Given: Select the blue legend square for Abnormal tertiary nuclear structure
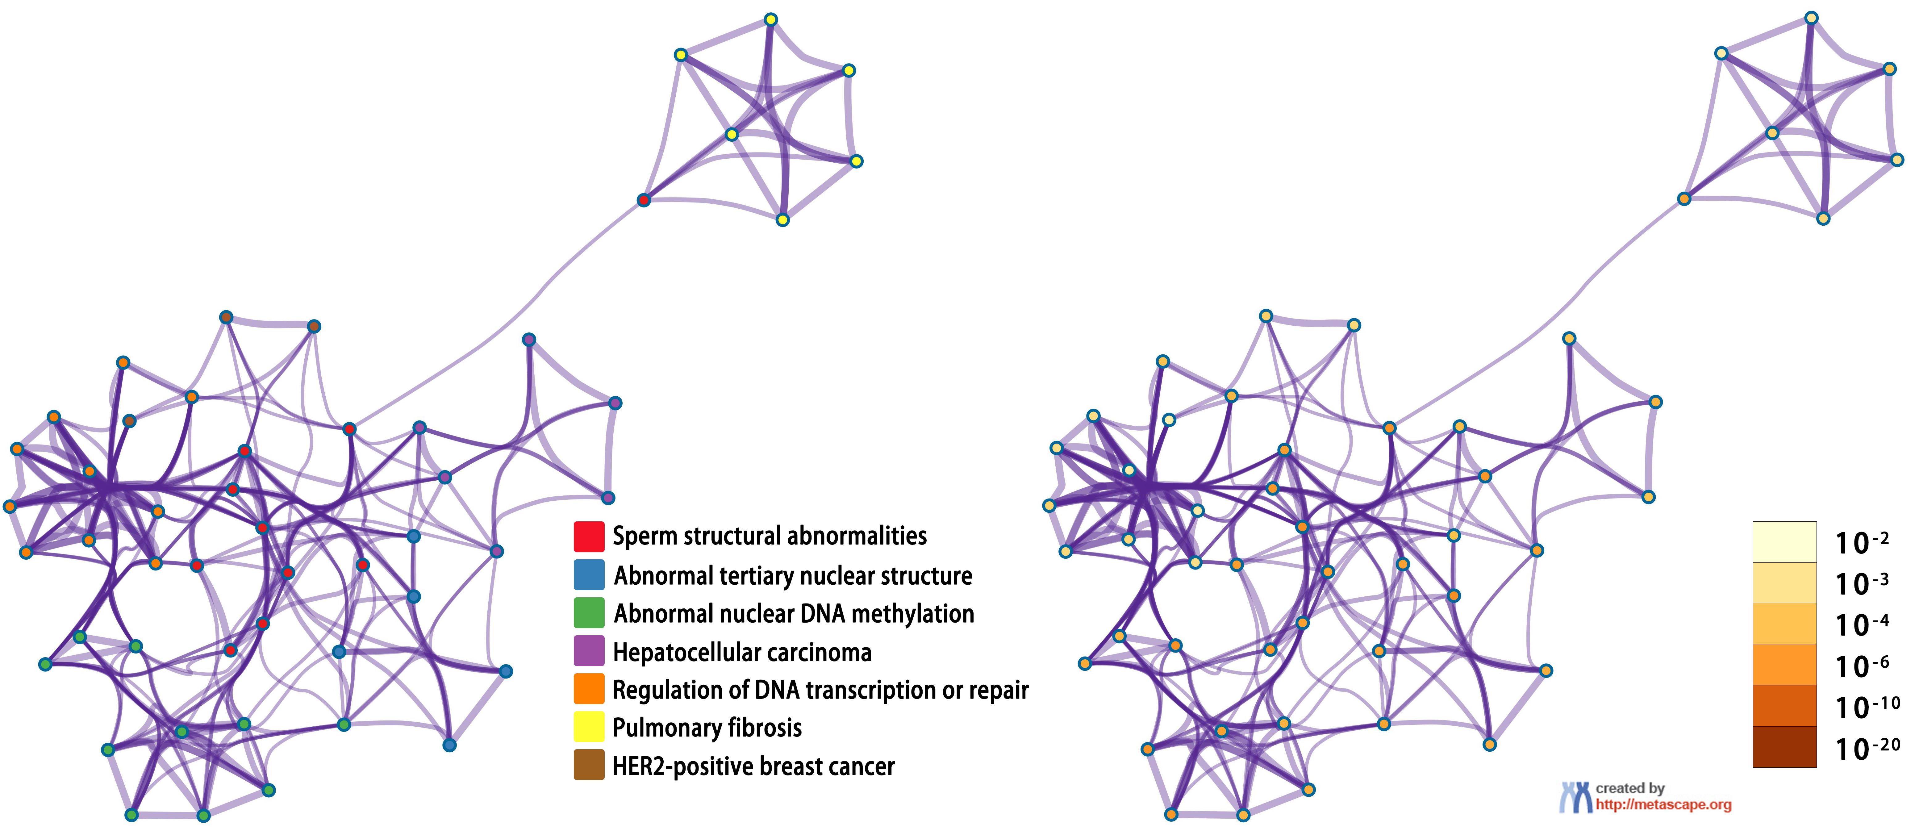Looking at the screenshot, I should [588, 575].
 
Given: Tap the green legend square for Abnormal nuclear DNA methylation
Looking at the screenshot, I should [588, 613].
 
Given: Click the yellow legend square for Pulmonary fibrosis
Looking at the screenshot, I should [588, 726].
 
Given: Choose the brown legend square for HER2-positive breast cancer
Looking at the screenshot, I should [588, 765].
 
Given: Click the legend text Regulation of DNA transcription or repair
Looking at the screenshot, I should [820, 690].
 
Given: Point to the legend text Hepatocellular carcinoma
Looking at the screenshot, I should [742, 652].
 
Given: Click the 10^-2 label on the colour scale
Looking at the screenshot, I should [1861, 542].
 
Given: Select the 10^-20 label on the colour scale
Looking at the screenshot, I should [1866, 748].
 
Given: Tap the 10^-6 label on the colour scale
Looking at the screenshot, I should [1861, 666].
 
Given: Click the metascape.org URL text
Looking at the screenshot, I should [1663, 804].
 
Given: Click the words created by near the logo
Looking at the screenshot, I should [1629, 788].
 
